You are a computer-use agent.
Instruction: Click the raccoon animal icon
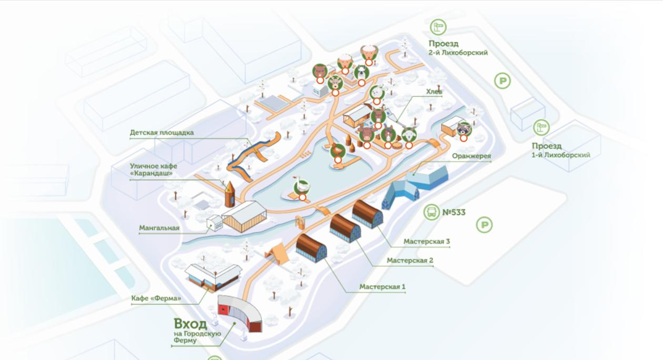click(x=464, y=128)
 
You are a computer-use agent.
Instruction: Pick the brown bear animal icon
click(x=319, y=71)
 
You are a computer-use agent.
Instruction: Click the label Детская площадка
click(x=162, y=133)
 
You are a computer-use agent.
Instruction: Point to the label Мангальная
click(x=159, y=228)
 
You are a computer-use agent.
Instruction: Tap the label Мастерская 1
click(x=383, y=287)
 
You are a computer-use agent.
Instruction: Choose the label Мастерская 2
click(x=409, y=260)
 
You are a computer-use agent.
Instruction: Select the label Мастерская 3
click(x=427, y=242)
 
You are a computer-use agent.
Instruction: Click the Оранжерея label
click(x=471, y=156)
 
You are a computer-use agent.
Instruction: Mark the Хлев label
click(x=434, y=92)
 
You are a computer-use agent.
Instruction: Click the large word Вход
click(x=190, y=323)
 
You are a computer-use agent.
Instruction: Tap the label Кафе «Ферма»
click(x=156, y=299)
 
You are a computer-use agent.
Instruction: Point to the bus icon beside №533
click(x=431, y=212)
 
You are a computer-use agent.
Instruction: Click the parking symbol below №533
click(x=484, y=226)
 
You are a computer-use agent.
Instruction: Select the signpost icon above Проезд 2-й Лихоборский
click(x=438, y=27)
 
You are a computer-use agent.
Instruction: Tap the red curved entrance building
click(x=240, y=314)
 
